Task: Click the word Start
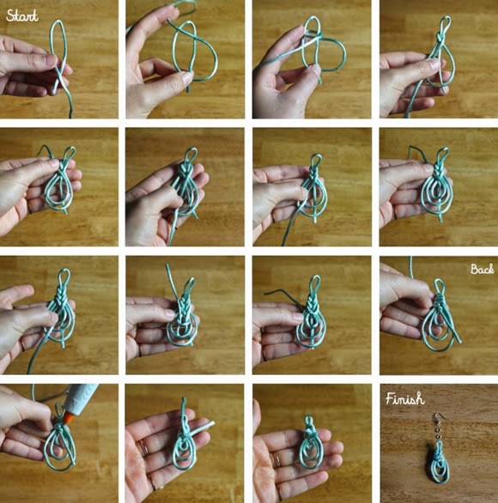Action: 21,16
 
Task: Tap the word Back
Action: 482,270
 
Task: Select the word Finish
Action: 405,399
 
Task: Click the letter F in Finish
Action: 390,398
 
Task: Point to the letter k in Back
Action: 490,270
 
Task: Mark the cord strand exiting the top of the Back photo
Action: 410,267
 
